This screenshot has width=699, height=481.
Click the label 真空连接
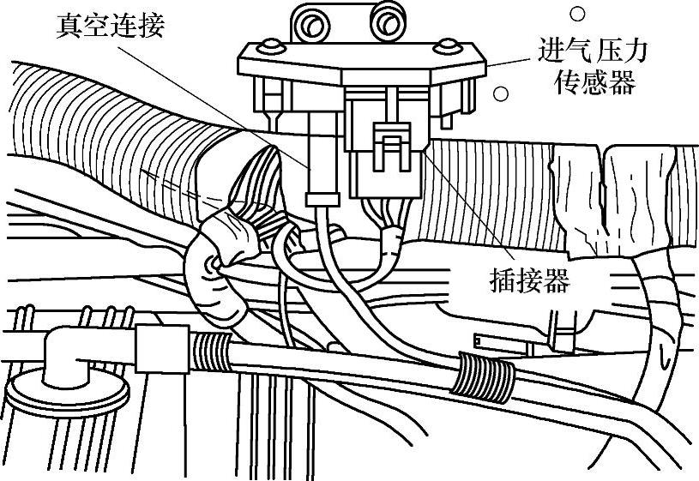click(109, 27)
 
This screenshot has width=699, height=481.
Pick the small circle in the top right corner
click(577, 14)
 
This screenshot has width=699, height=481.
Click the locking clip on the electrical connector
click(391, 146)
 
